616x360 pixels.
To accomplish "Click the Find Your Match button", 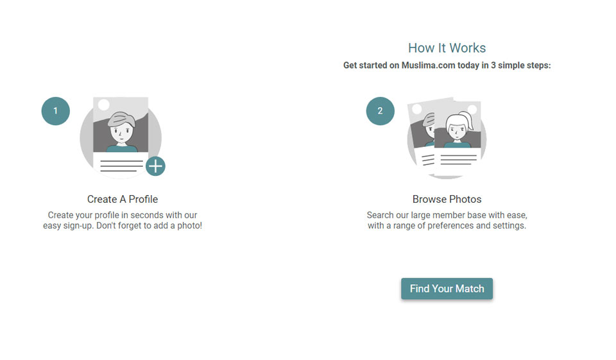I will [447, 289].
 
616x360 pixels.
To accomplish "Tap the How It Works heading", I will [447, 48].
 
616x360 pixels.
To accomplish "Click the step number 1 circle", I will [56, 111].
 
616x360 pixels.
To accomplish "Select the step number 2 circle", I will [380, 111].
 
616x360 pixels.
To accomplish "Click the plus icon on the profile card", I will [155, 166].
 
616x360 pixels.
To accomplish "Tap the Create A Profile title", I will [123, 199].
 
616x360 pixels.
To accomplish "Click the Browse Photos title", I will [447, 199].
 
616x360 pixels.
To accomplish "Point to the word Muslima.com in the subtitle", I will [428, 65].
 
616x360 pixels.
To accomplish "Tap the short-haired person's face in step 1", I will [121, 132].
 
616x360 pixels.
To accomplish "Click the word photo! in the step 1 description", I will [189, 226].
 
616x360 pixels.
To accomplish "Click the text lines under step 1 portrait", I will [121, 166].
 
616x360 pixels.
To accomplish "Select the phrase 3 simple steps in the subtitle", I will [520, 65].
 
